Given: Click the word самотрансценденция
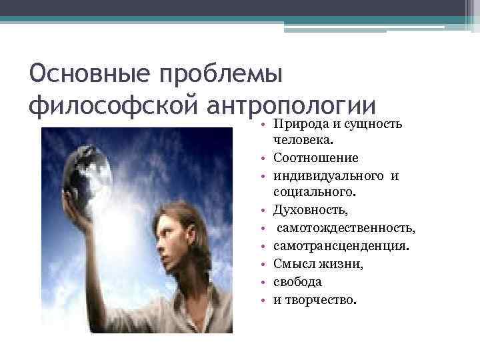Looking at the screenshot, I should (x=341, y=247).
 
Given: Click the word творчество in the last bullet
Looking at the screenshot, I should (x=320, y=299).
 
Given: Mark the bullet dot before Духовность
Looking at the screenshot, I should (x=265, y=211).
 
